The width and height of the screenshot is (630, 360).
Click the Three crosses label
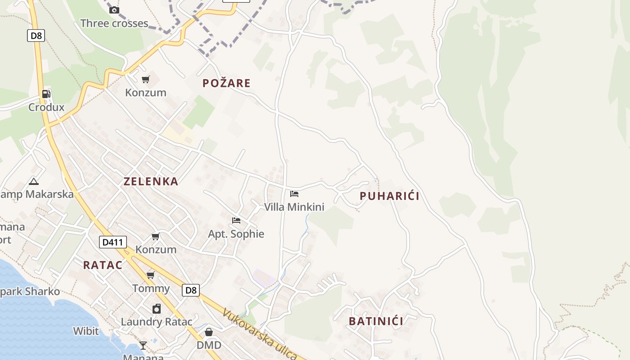[114, 23]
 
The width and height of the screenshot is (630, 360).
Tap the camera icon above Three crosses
[114, 10]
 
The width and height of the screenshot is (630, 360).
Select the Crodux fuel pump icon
[46, 94]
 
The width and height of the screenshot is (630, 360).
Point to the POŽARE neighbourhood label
[226, 83]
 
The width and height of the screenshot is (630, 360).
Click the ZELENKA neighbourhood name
[151, 181]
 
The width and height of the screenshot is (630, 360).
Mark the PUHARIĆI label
[389, 196]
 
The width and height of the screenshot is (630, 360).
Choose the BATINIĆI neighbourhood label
[376, 321]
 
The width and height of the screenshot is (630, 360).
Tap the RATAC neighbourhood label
[103, 265]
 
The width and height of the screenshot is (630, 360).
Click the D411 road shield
[112, 242]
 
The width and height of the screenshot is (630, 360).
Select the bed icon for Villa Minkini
[294, 194]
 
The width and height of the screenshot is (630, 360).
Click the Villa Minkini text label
[294, 207]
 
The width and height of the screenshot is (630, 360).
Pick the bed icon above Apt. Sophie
[236, 220]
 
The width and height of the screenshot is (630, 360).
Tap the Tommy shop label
[151, 288]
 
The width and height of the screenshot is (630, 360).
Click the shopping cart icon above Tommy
[151, 275]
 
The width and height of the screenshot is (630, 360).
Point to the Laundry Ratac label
[157, 322]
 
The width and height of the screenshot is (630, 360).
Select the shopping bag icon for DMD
[209, 332]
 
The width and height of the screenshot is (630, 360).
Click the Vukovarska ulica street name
[260, 334]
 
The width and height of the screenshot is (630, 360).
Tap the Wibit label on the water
[86, 331]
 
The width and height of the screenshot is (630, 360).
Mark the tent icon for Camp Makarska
[33, 181]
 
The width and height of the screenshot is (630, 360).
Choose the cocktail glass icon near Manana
[143, 345]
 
